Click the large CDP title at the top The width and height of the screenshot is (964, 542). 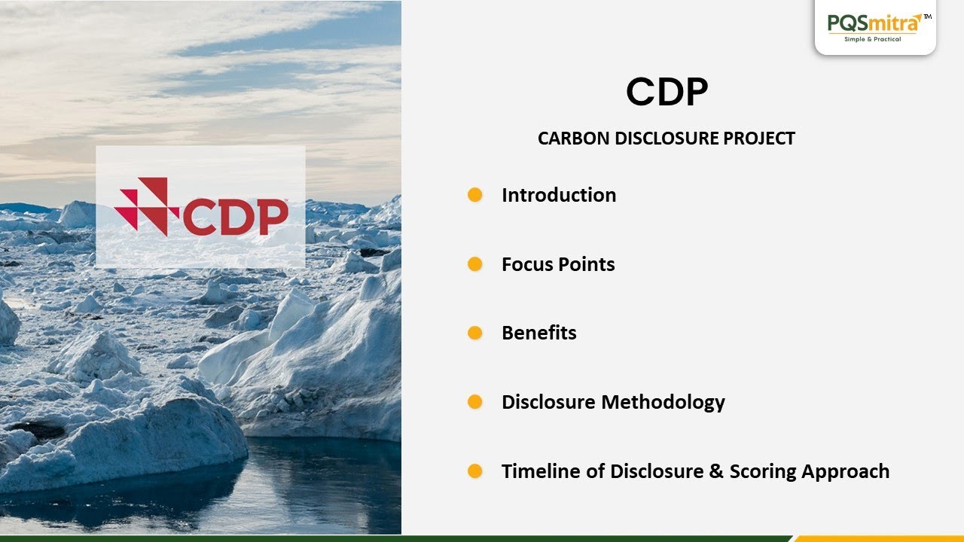click(667, 93)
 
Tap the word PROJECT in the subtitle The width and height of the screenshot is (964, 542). click(760, 139)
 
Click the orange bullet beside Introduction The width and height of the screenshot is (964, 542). click(474, 195)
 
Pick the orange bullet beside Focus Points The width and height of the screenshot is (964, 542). click(474, 264)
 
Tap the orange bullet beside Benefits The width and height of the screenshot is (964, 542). click(474, 333)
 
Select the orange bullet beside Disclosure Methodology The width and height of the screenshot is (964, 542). click(474, 402)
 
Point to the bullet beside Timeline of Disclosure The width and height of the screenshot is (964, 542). click(474, 471)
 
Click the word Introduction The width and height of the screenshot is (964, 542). click(559, 195)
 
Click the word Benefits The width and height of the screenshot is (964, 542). click(539, 333)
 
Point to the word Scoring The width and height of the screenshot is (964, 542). click(762, 472)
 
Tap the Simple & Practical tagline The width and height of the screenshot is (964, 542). click(873, 39)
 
